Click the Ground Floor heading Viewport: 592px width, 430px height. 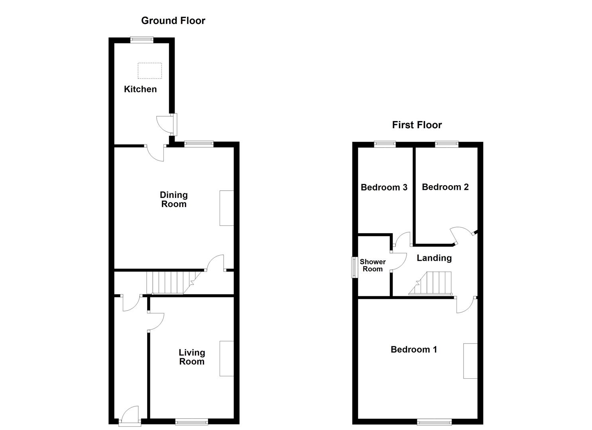pyautogui.click(x=173, y=21)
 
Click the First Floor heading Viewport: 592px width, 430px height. pyautogui.click(x=417, y=125)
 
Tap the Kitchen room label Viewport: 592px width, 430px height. pyautogui.click(x=140, y=89)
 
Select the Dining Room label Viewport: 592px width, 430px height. pyautogui.click(x=173, y=199)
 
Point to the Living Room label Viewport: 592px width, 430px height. pyautogui.click(x=192, y=357)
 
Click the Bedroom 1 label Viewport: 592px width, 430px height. pyautogui.click(x=414, y=350)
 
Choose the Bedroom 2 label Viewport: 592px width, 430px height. pyautogui.click(x=445, y=187)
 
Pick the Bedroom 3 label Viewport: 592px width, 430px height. pyautogui.click(x=384, y=188)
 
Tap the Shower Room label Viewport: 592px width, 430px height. pyautogui.click(x=372, y=265)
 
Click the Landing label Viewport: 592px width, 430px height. pyautogui.click(x=434, y=258)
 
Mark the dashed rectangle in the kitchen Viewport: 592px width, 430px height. pyautogui.click(x=150, y=70)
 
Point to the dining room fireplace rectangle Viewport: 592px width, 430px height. pyautogui.click(x=226, y=208)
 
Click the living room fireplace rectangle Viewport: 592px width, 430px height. pyautogui.click(x=226, y=358)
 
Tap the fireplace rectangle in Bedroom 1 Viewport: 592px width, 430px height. pyautogui.click(x=470, y=361)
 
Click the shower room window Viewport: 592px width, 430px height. pyautogui.click(x=353, y=267)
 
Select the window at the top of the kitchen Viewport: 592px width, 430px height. pyautogui.click(x=142, y=39)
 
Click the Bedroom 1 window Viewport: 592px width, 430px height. pyautogui.click(x=434, y=421)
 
